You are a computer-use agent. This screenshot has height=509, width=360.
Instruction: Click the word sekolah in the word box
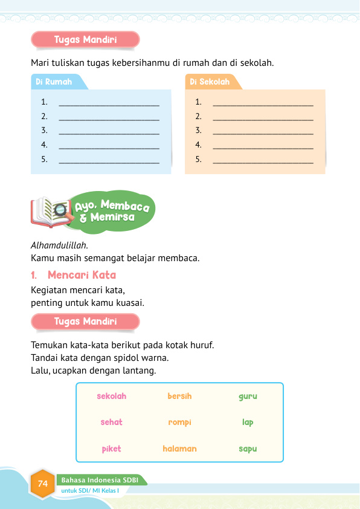click(112, 397)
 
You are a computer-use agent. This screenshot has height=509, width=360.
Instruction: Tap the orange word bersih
click(179, 397)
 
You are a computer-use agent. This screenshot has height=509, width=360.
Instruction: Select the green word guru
click(248, 397)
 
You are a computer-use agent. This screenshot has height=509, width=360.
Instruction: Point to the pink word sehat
click(112, 423)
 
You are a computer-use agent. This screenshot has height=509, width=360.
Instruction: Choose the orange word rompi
click(179, 423)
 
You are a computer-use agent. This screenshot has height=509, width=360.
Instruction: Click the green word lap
click(248, 423)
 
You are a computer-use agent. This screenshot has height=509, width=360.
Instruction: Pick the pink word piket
click(112, 449)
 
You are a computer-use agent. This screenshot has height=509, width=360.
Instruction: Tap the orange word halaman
click(179, 449)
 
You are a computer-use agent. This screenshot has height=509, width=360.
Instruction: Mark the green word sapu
click(248, 449)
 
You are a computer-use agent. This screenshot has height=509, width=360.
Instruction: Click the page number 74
click(43, 484)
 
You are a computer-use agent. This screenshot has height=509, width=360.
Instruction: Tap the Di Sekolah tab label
click(210, 82)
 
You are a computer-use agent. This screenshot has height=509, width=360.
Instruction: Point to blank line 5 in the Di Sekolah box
click(263, 161)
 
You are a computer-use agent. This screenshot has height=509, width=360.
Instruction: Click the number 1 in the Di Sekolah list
click(198, 103)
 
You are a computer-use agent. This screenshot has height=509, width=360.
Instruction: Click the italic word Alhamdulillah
click(59, 245)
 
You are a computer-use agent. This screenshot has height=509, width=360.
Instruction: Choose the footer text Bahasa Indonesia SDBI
click(96, 480)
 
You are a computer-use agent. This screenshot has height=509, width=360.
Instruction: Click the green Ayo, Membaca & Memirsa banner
click(113, 212)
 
